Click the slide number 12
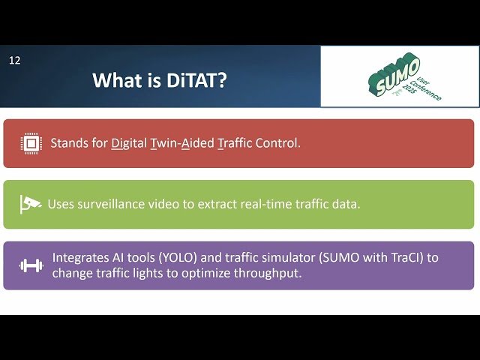pos(15,60)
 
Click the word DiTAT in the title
pos(197,80)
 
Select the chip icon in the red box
pos(30,142)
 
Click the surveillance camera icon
pos(30,204)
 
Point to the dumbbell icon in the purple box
pos(30,265)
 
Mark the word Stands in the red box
pos(68,142)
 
